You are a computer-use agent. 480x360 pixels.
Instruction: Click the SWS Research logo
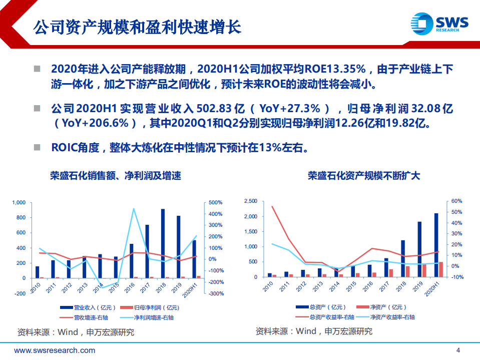pos(438,24)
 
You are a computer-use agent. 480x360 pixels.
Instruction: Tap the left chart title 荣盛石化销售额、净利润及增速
pos(115,176)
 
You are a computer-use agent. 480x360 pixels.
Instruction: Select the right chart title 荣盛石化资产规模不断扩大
pos(364,176)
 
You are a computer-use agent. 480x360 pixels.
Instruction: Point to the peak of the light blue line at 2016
pos(134,209)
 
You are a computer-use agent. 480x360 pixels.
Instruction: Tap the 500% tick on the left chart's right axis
pos(216,202)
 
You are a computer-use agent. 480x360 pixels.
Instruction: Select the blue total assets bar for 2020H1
pos(436,245)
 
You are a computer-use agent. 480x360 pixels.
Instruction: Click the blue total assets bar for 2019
pos(419,249)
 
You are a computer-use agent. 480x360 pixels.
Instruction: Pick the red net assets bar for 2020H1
pos(441,269)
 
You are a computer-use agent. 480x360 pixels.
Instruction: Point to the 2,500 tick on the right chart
pos(250,201)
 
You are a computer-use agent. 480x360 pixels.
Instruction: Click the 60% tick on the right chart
pos(456,201)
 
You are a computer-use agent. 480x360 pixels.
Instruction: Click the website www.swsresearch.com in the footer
pos(55,350)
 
